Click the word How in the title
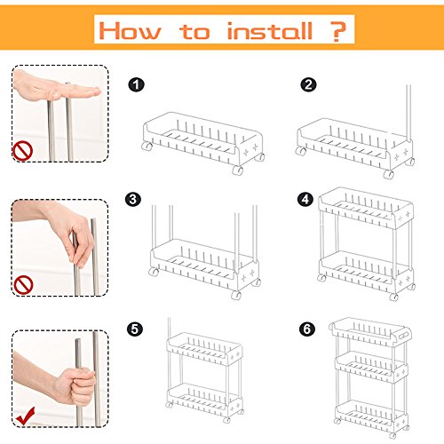point(131,30)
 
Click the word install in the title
point(270,31)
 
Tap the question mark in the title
point(337,31)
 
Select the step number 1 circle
point(136,85)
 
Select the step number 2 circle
point(308,85)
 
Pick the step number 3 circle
point(133,199)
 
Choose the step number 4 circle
point(305,199)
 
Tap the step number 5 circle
point(135,329)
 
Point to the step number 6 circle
point(307,329)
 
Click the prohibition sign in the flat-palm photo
point(22,151)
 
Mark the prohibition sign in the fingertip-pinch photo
point(23,285)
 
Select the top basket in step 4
point(366,208)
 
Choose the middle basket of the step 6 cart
point(372,367)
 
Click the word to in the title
point(194,31)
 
